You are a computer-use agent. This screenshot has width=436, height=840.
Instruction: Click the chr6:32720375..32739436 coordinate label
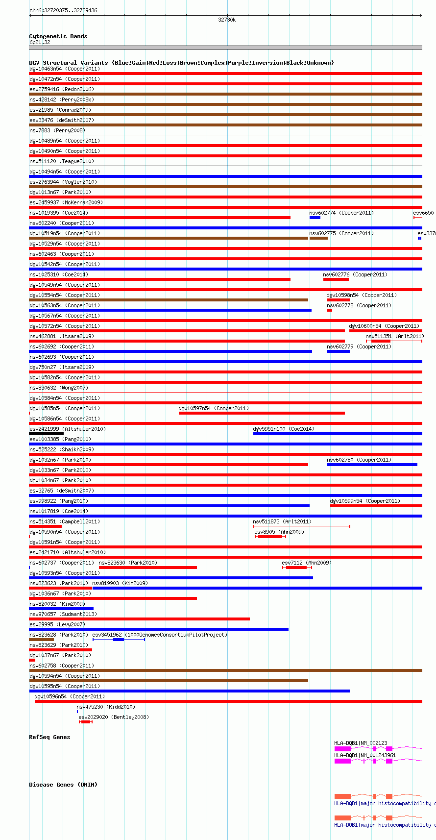click(63, 10)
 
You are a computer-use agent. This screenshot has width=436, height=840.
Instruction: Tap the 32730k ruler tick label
click(227, 20)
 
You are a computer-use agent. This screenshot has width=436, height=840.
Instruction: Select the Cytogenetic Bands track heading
click(58, 36)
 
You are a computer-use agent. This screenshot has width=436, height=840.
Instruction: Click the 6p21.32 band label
click(40, 42)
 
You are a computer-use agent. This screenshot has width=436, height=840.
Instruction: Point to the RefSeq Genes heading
click(49, 737)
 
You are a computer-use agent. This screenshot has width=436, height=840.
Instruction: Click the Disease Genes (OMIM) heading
click(63, 785)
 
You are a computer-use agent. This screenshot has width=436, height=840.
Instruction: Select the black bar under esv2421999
click(46, 434)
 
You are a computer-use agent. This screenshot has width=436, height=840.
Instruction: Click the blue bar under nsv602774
click(315, 218)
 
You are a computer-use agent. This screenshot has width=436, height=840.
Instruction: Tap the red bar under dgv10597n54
click(262, 413)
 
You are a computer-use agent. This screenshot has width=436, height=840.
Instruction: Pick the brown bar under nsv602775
click(318, 238)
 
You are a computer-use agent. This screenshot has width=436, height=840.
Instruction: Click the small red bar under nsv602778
click(330, 310)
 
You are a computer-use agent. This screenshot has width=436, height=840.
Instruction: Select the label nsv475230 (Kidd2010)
click(105, 707)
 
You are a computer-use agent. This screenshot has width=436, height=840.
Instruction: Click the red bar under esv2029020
click(86, 722)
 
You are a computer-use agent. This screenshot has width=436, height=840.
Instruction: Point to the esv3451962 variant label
click(107, 635)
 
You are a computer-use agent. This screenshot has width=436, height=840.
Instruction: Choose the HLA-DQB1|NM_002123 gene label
click(361, 743)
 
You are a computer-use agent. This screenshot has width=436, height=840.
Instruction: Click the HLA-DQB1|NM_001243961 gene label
click(365, 755)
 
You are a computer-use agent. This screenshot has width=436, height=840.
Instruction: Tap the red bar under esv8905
click(270, 537)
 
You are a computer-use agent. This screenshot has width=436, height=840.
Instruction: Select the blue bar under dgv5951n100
click(338, 434)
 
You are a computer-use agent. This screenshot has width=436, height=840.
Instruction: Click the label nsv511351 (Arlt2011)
click(394, 336)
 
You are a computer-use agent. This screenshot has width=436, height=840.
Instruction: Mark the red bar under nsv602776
click(336, 279)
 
